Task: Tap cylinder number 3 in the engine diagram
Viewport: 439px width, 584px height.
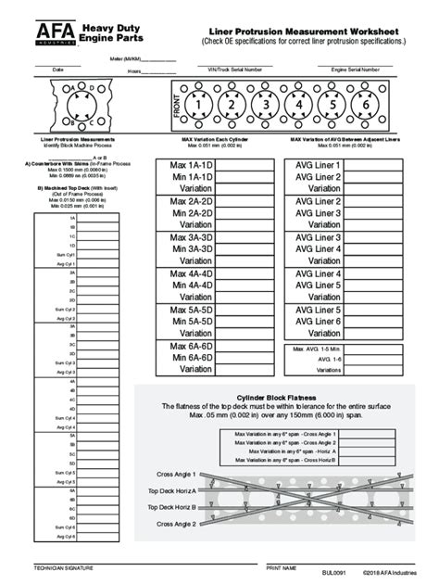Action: point(266,105)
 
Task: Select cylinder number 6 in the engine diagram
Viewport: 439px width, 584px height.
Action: point(366,105)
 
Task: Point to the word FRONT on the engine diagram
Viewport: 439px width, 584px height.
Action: point(177,106)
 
